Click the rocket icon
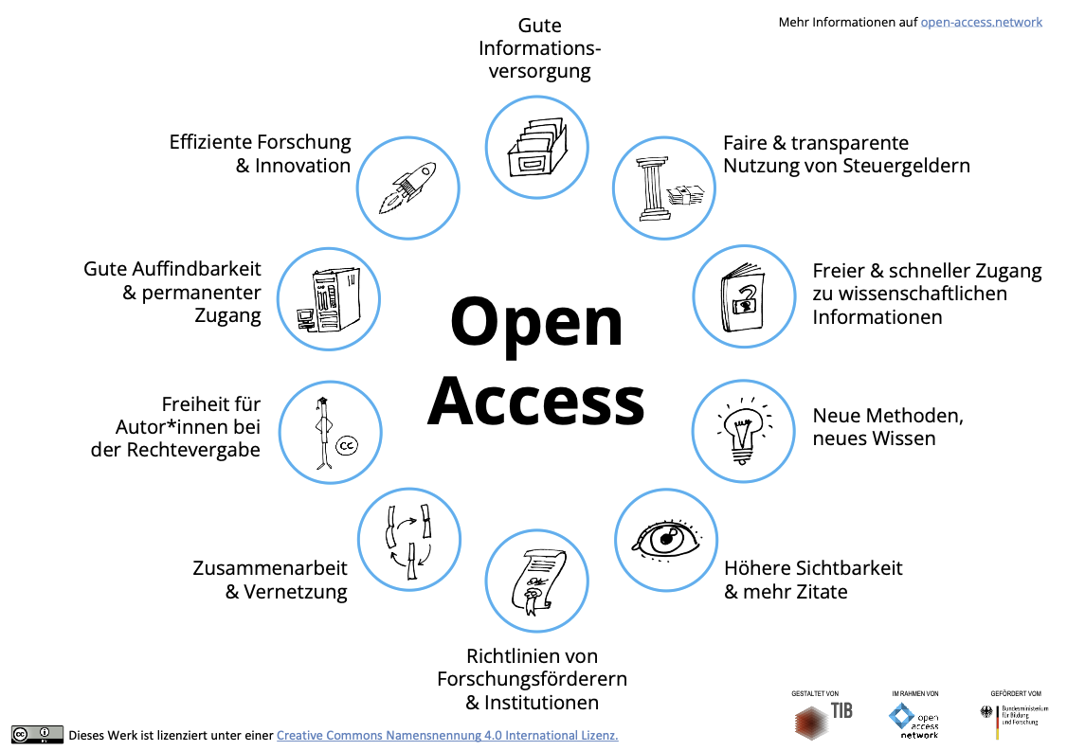407,188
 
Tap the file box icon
537,148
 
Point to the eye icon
666,540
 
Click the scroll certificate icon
537,581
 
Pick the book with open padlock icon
743,297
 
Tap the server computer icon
329,299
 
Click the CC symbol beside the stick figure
347,445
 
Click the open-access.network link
981,22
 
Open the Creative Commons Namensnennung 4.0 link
447,735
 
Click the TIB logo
823,719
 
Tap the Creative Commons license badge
37,734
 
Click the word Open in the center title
536,322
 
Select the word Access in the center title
536,401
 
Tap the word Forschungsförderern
533,679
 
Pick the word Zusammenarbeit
270,568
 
